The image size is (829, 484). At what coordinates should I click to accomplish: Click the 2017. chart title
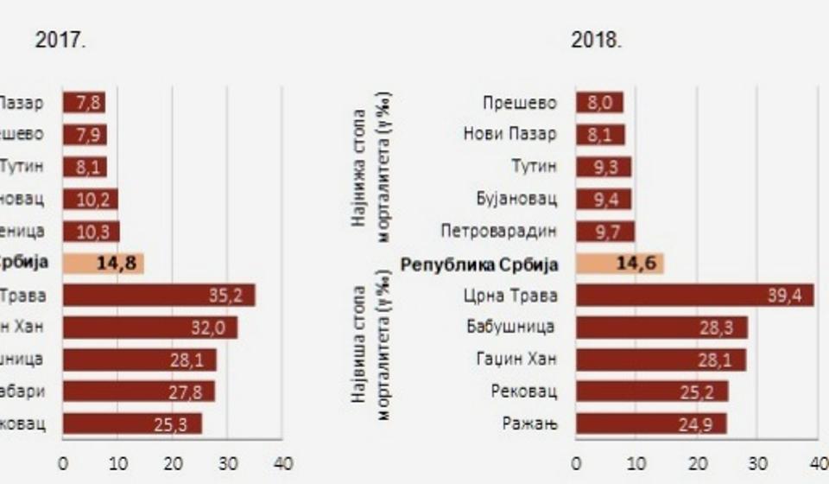(60, 41)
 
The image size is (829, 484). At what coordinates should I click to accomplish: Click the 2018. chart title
(595, 41)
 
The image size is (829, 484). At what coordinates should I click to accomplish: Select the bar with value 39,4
(694, 296)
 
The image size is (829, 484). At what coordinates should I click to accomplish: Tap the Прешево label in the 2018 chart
(520, 103)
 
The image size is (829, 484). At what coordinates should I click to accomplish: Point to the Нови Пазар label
(509, 135)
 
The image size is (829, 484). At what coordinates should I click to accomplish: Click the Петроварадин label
(498, 232)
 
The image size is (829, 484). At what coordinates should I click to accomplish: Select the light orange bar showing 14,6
(619, 264)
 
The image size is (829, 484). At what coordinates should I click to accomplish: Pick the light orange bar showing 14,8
(103, 264)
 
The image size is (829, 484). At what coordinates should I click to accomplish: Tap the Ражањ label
(529, 423)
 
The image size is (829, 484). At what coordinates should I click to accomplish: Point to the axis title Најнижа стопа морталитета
(369, 166)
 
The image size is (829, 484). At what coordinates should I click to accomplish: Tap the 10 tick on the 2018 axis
(636, 463)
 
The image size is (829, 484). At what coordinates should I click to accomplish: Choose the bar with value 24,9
(651, 423)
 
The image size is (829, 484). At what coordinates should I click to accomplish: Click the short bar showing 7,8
(84, 103)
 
